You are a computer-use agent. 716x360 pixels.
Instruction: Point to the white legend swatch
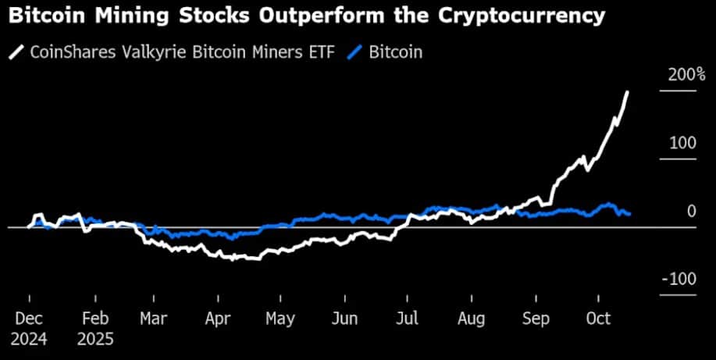pyautogui.click(x=15, y=52)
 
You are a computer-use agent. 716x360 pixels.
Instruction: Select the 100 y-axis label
pyautogui.click(x=681, y=143)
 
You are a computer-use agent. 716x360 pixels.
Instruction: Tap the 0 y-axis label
pyautogui.click(x=691, y=211)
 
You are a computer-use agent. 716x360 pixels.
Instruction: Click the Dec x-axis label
pyautogui.click(x=29, y=319)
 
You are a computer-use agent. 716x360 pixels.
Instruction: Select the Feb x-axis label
pyautogui.click(x=94, y=319)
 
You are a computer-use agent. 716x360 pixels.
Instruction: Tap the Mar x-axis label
pyautogui.click(x=154, y=319)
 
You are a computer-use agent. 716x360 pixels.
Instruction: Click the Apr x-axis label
pyautogui.click(x=218, y=319)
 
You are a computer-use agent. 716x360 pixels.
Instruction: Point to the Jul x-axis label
pyautogui.click(x=406, y=319)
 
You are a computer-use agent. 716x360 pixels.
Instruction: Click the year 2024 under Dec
pyautogui.click(x=29, y=340)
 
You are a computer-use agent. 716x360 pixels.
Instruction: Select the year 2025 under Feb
pyautogui.click(x=94, y=340)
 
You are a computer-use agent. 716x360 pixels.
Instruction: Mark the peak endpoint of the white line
pyautogui.click(x=629, y=92)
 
